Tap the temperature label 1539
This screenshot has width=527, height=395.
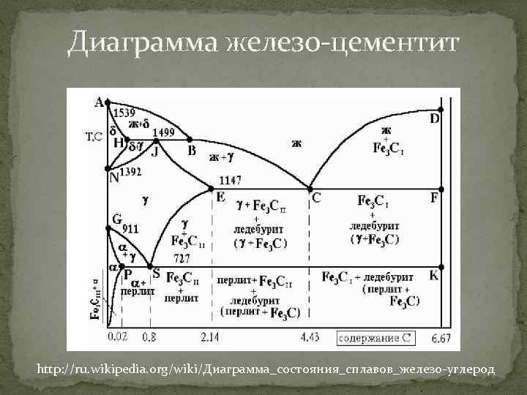coord(124,114)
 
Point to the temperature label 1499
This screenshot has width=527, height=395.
coord(163,132)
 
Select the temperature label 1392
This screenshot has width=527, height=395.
coord(130,173)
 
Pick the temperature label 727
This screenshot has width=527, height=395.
coord(182,258)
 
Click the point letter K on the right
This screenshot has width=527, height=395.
coord(434,276)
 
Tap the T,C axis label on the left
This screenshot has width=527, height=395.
coord(94,137)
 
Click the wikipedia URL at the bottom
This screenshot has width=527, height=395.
coord(265,370)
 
